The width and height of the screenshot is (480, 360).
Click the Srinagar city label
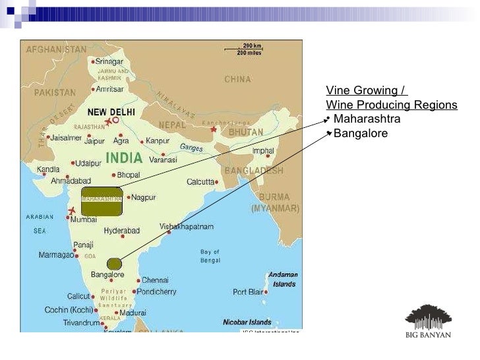click(109, 61)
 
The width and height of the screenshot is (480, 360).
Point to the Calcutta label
click(200, 181)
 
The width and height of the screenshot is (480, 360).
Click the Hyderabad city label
click(122, 231)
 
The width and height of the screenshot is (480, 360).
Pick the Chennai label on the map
click(155, 280)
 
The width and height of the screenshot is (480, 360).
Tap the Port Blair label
click(248, 291)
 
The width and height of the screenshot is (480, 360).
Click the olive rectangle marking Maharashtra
click(102, 202)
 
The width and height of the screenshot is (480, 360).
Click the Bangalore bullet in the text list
click(361, 133)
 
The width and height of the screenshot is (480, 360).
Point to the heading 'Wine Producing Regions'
click(392, 105)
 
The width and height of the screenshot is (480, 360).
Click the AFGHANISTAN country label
click(56, 49)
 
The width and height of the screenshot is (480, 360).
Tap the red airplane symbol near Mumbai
click(71, 210)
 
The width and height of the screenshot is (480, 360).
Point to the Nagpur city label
click(143, 197)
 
